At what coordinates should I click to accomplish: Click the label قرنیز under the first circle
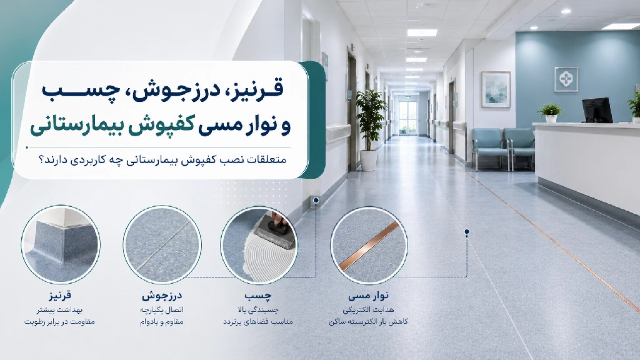(x=59, y=295)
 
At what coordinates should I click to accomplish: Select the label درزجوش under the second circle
(x=162, y=295)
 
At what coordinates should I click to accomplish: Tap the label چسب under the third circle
(x=258, y=295)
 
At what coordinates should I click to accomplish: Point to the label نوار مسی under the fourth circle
(x=369, y=295)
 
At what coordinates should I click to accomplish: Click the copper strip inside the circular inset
(x=369, y=246)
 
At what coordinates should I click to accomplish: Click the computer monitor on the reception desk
(x=597, y=110)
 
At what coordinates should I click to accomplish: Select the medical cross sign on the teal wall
(x=566, y=79)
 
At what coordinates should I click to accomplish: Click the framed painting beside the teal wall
(x=496, y=89)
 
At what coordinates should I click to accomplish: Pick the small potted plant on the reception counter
(x=551, y=112)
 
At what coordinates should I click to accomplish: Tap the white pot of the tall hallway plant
(x=369, y=160)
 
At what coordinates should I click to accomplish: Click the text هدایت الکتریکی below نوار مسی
(x=369, y=310)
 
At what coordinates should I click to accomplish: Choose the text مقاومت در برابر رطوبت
(x=59, y=322)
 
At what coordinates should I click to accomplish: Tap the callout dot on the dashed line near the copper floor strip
(x=467, y=232)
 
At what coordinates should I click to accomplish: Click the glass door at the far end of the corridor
(x=407, y=118)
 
